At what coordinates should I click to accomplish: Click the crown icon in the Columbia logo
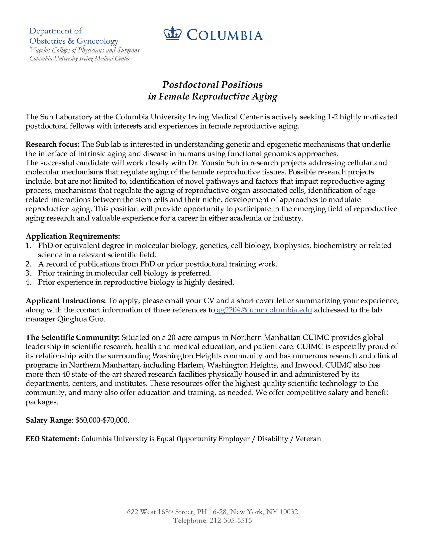172,33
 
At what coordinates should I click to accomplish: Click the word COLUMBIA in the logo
225,35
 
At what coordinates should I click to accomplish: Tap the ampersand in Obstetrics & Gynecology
71,41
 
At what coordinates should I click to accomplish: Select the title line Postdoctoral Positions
212,85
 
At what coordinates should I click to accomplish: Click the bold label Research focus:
52,144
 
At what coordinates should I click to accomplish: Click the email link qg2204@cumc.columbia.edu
264,310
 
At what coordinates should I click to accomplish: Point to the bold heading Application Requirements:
73,236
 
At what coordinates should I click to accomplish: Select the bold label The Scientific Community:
73,338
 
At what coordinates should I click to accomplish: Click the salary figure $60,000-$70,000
102,420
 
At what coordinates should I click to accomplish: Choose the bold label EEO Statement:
52,439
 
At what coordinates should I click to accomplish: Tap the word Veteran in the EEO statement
308,439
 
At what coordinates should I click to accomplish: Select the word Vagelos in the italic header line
40,50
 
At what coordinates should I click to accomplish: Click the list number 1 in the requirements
28,246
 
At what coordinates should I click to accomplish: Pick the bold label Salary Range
48,420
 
